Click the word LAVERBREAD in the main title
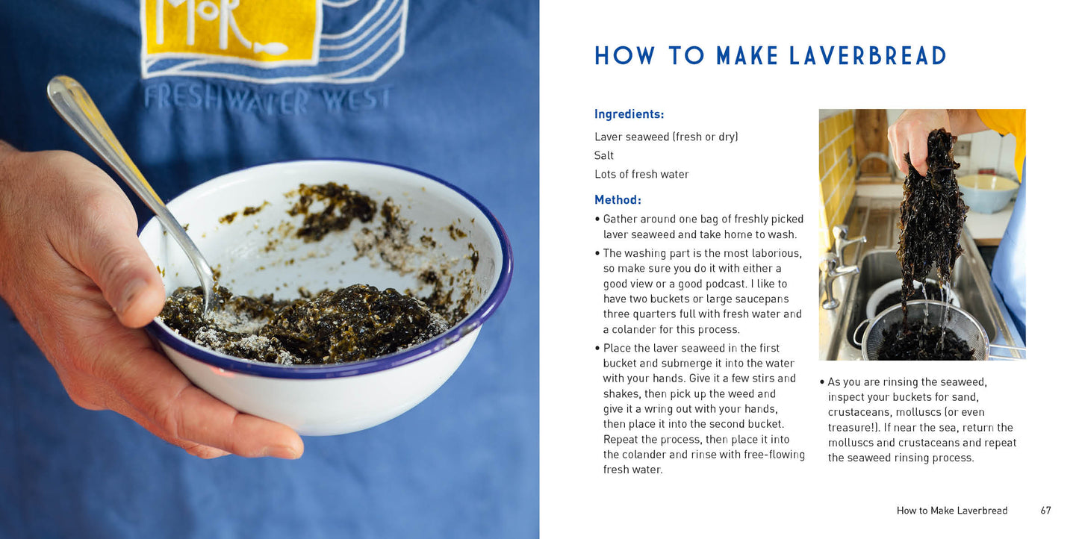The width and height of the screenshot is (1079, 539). pos(868,56)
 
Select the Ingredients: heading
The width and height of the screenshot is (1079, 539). pos(629,114)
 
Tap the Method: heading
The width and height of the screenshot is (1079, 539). pos(618,200)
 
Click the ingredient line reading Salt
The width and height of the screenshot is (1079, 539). pos(604,155)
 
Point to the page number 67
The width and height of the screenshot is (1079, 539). pos(1045,511)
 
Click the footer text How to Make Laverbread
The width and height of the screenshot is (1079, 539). pos(952,511)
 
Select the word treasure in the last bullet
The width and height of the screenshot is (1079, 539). pos(850,428)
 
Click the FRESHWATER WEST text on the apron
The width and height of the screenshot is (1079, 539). pos(267,99)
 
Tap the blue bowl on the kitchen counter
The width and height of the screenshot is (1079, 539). pos(987,192)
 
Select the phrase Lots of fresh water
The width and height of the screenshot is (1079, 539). pos(641,174)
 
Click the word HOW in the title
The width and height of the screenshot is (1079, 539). pos(625,56)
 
